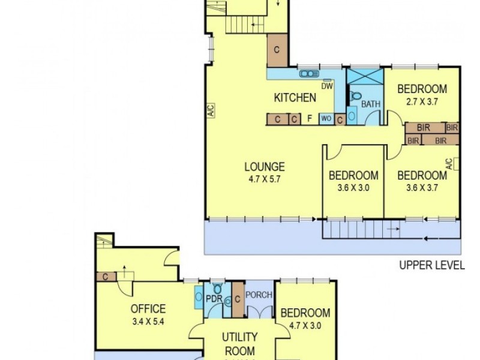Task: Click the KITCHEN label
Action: coord(295,98)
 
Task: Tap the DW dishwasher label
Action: coord(326,86)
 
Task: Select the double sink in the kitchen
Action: coord(308,74)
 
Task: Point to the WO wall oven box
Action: coord(326,119)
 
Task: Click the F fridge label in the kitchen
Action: coord(310,119)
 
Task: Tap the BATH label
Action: coord(371,104)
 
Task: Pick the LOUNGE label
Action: coord(264,167)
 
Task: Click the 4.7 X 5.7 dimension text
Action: coord(264,178)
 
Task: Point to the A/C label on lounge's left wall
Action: coord(211,110)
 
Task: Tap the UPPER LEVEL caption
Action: coord(432,265)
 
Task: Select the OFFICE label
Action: coord(148,309)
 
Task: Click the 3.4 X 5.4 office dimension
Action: coord(148,320)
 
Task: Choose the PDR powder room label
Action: coord(214,298)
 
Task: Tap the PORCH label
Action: coord(259,295)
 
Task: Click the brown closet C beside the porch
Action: coord(238,299)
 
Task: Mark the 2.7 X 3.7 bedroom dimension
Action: coord(422,101)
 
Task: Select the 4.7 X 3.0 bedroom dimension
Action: coord(305,324)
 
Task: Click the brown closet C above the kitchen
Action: coord(277,50)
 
